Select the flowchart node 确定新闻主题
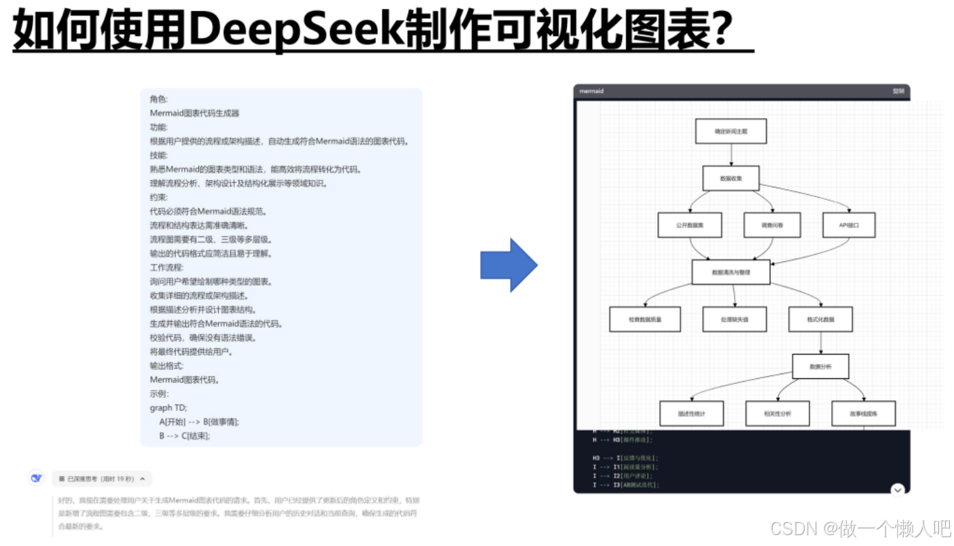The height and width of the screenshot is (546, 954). pos(731,131)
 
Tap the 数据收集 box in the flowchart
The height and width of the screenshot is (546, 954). pos(731,179)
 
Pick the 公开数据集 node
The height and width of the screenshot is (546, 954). pos(690,225)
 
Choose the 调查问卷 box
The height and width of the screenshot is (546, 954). pos(772,225)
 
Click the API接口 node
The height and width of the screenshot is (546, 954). pos(849,225)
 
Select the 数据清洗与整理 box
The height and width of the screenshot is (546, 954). pos(731,272)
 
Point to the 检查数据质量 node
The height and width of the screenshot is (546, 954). pos(644,319)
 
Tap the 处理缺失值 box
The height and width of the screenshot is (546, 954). pos(734,319)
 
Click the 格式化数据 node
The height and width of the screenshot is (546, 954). pos(820,319)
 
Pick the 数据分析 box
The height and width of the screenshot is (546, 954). pos(820,367)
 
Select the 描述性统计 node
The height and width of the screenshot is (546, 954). pos(691,413)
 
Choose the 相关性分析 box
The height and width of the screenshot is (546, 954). pos(777,413)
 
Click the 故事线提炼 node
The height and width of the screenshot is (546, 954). pos(863,413)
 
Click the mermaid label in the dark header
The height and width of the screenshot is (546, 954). pos(591,91)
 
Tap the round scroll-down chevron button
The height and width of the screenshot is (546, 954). pos(898,490)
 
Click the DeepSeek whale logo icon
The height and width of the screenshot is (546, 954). pos(37,478)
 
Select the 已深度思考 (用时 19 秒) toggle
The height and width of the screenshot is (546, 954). pos(102,479)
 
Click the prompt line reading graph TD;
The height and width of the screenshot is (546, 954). pos(168,407)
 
